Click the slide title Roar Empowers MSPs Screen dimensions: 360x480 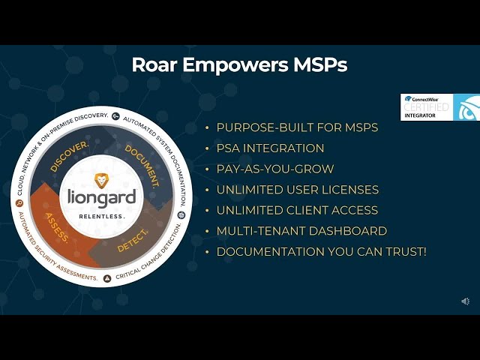point(239,64)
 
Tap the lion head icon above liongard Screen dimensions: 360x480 point(101,180)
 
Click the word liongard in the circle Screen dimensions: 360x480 point(101,198)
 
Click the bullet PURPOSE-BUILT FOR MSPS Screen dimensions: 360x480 point(297,127)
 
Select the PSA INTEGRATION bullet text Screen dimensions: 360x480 point(270,148)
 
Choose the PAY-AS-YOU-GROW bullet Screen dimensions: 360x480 point(275,169)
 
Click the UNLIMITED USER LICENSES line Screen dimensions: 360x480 point(297,190)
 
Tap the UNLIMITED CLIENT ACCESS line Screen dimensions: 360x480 point(297,210)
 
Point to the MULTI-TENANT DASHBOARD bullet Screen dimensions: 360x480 point(301,231)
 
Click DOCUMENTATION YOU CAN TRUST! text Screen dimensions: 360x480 point(321,251)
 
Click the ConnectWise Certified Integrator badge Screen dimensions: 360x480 point(439,107)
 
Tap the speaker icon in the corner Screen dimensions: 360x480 point(465,301)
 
